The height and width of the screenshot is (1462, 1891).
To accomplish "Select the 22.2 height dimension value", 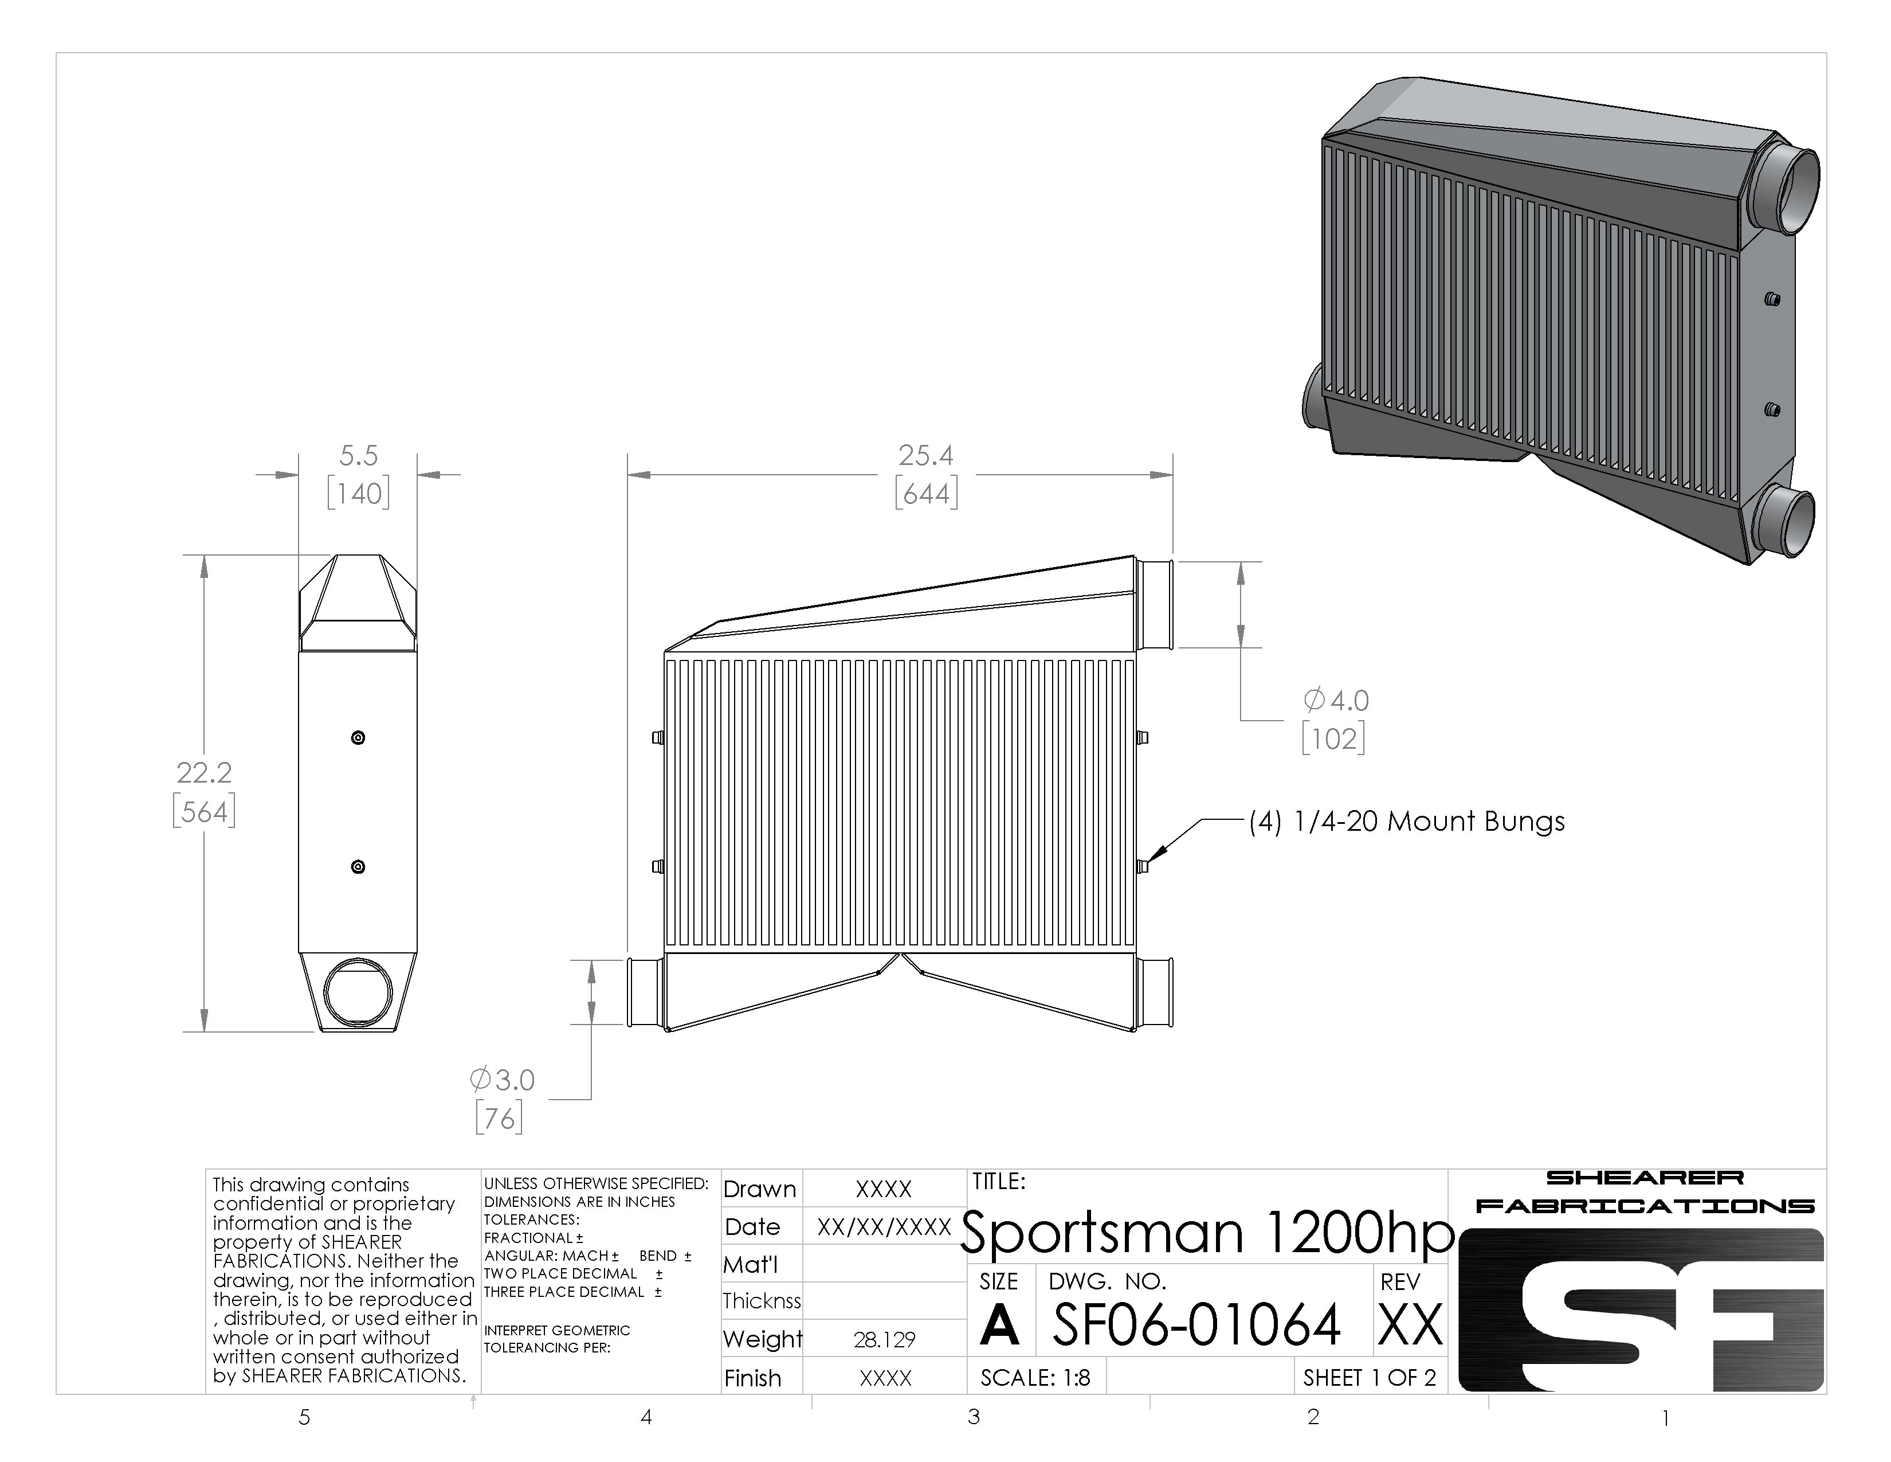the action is click(x=205, y=772).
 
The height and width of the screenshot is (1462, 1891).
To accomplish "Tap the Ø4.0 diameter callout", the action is click(x=1336, y=700).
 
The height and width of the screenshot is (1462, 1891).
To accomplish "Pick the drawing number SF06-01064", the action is click(x=1196, y=1325).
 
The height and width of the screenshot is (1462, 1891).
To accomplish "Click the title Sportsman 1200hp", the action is click(x=1207, y=1233).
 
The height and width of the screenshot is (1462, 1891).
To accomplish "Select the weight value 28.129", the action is click(x=884, y=1340).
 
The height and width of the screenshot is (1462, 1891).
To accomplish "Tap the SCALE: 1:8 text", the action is click(x=1035, y=1377).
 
